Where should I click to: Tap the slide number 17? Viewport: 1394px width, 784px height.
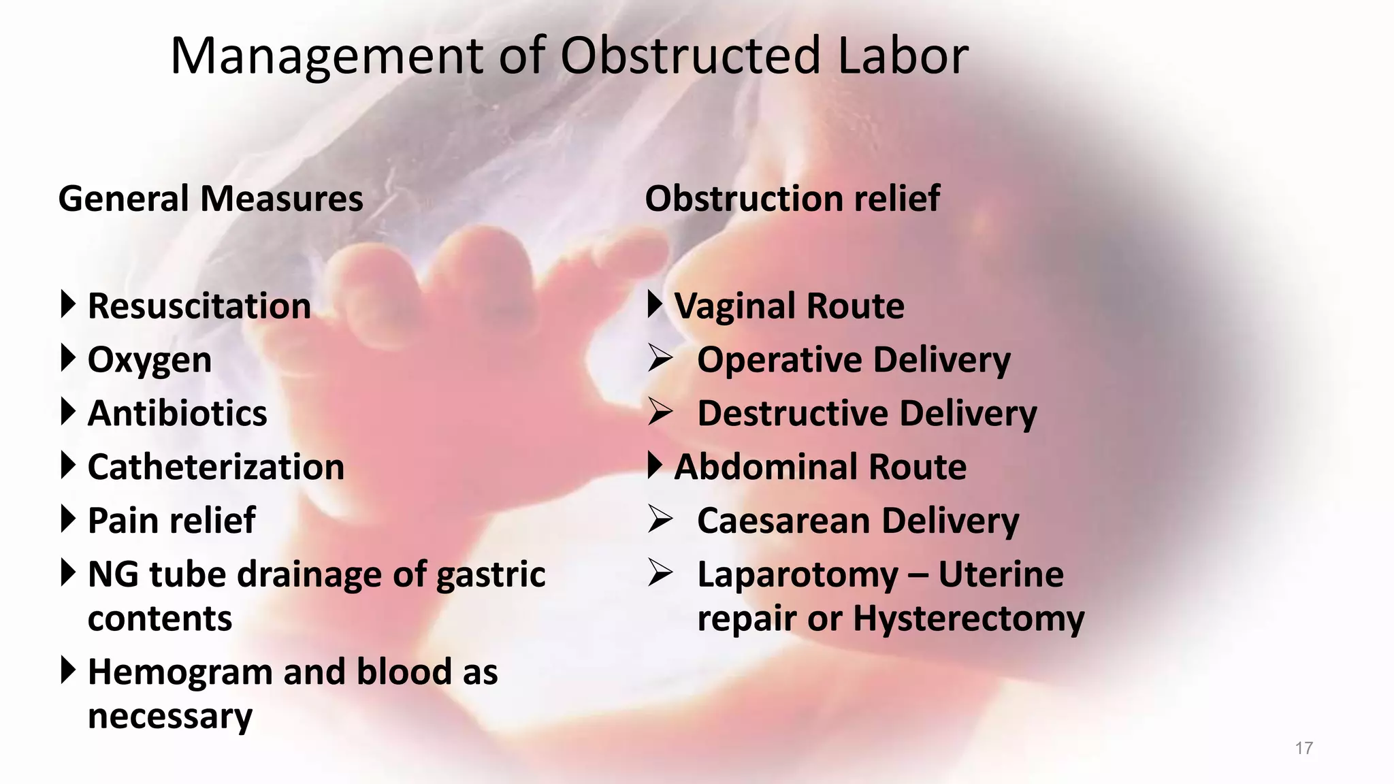click(x=1303, y=749)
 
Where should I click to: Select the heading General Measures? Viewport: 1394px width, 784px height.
click(x=211, y=199)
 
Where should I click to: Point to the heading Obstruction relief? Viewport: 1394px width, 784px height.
click(x=792, y=199)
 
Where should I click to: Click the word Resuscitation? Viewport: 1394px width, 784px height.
click(x=199, y=306)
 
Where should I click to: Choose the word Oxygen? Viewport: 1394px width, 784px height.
click(x=150, y=360)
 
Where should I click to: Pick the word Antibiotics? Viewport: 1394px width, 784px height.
click(x=178, y=414)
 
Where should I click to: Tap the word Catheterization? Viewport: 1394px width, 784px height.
click(x=216, y=468)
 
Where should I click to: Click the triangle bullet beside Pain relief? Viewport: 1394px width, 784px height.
click(x=67, y=519)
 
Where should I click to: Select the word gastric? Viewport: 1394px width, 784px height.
click(x=491, y=575)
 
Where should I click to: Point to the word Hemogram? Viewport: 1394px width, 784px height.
click(x=180, y=672)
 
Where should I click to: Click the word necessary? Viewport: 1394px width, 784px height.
click(x=170, y=717)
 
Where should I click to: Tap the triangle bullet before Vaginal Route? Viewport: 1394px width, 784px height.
click(x=654, y=304)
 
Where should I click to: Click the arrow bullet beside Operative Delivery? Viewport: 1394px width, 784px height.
click(x=660, y=358)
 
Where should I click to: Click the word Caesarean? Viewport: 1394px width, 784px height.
click(x=782, y=521)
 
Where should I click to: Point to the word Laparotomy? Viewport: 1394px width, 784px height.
click(x=798, y=575)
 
